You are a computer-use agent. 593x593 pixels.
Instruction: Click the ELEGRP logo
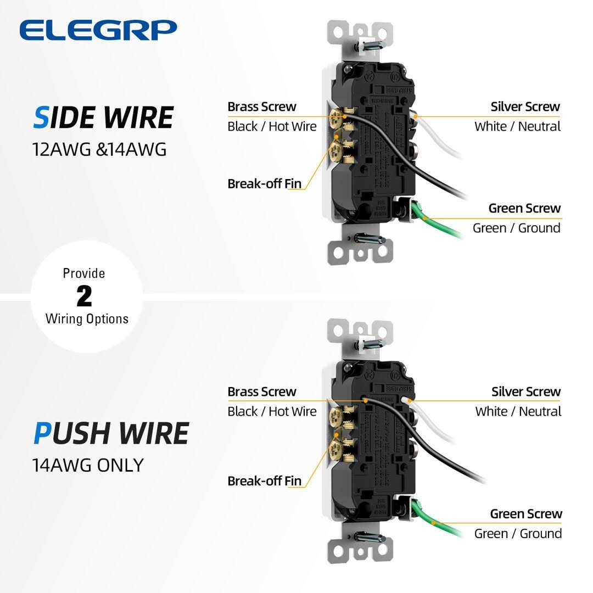(x=98, y=30)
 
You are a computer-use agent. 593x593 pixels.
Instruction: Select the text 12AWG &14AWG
(x=99, y=149)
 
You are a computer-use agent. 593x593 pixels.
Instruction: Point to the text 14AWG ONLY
(x=88, y=465)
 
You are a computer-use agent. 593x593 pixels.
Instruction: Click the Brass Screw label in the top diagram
(x=261, y=107)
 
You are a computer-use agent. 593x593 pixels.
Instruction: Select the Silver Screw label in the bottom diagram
(x=525, y=391)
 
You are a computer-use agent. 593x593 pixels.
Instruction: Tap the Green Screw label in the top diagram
(x=524, y=208)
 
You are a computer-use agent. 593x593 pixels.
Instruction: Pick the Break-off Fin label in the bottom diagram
(x=265, y=481)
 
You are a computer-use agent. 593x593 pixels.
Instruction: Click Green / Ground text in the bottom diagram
(x=518, y=533)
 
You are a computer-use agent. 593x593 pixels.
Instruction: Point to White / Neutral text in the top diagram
(x=517, y=126)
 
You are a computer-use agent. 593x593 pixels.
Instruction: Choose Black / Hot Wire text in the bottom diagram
(x=272, y=411)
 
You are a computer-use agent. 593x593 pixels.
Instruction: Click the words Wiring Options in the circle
(x=87, y=318)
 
